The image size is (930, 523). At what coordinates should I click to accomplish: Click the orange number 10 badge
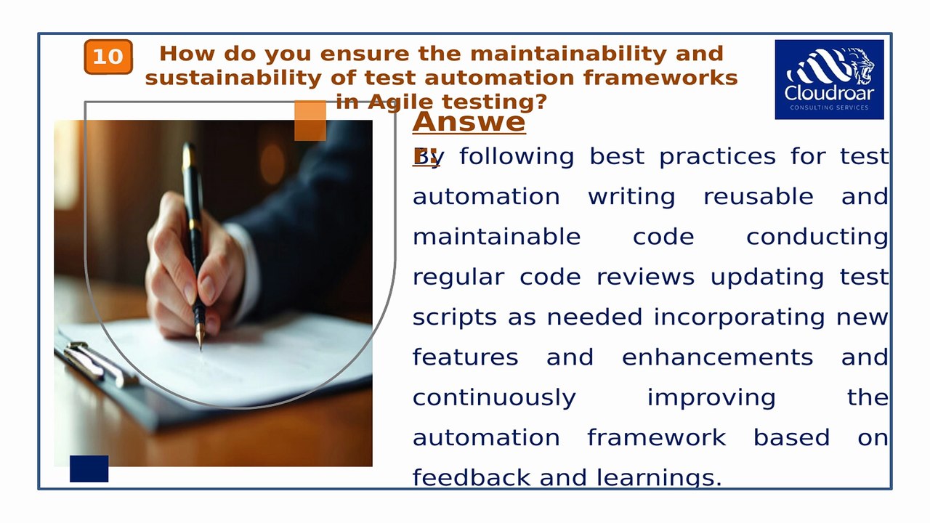pos(108,57)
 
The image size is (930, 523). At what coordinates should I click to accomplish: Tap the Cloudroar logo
pos(829,79)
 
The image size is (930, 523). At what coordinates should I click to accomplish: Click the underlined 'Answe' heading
pos(469,122)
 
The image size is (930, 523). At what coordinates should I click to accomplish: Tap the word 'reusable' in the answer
pos(758,197)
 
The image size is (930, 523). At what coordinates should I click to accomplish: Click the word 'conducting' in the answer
pos(817,237)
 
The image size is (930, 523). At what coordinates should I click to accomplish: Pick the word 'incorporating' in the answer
pos(739,317)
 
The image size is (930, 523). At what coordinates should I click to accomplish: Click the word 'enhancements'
pos(717,357)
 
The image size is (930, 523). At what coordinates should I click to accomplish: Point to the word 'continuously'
pos(494,398)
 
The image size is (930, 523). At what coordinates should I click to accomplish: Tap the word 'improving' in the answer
pos(711,398)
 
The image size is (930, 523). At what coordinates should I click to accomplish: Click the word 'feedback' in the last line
pos(472,477)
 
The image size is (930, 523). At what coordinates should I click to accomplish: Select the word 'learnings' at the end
pos(658,477)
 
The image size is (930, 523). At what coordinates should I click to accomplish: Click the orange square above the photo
pos(310,121)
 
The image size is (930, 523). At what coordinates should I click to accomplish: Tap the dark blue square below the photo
pos(89,469)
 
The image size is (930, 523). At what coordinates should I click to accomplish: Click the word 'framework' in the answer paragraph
pos(656,438)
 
